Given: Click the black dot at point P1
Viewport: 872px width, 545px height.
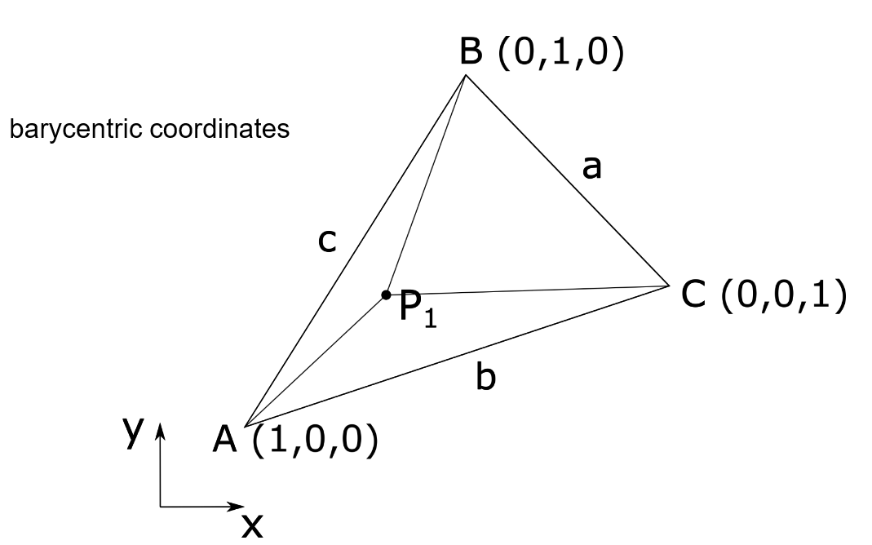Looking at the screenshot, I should pos(386,294).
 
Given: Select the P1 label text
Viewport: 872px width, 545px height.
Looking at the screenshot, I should pos(418,308).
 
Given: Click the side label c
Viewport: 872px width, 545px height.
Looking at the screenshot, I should pos(326,242).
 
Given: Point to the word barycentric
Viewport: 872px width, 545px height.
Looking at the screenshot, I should pos(64,131).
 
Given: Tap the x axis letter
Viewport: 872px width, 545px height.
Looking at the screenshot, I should pos(252,527).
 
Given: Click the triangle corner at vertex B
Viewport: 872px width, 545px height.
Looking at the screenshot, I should pos(466,75).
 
